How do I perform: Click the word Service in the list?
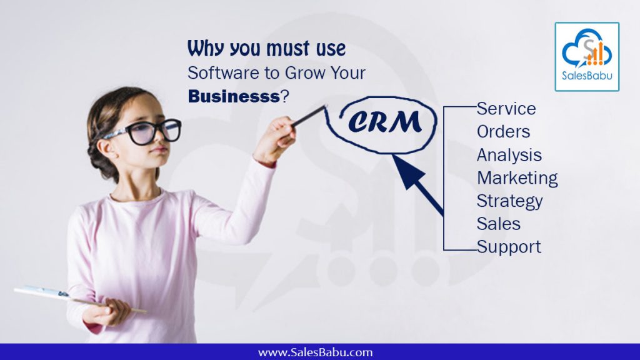pos(506,109)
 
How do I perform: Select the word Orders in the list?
pos(503,131)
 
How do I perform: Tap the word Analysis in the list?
pos(509,155)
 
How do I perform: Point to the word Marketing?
pos(517,178)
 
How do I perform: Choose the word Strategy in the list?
pos(509,201)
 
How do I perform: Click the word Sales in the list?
pos(498,224)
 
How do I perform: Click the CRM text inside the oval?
pos(385,122)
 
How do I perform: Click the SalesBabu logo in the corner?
pos(587,57)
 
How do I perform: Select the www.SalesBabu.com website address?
pos(315,352)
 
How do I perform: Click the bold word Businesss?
pos(234,97)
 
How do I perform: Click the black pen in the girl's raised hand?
pos(309,116)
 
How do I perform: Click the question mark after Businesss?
pos(284,97)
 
